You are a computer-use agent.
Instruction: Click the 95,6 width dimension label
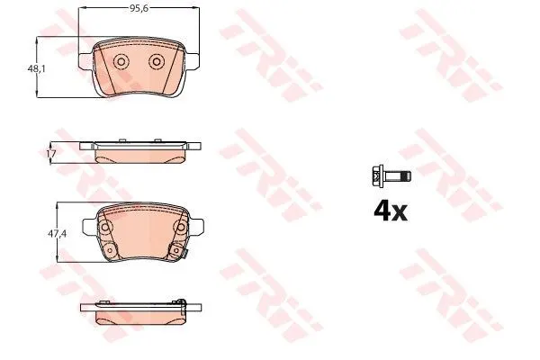pos(139,8)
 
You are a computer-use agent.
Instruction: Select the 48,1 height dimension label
pos(36,69)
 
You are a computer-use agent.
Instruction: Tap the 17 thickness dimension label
pos(51,154)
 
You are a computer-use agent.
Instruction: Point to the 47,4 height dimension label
pos(58,234)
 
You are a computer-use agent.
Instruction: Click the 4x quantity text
pos(391,211)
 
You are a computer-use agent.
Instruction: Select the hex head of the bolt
pos(378,176)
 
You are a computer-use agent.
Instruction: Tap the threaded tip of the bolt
pos(407,176)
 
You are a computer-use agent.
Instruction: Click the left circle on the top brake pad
pos(121,62)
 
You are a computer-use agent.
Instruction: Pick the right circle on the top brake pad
pos(157,62)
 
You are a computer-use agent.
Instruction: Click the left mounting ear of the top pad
pos(86,61)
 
